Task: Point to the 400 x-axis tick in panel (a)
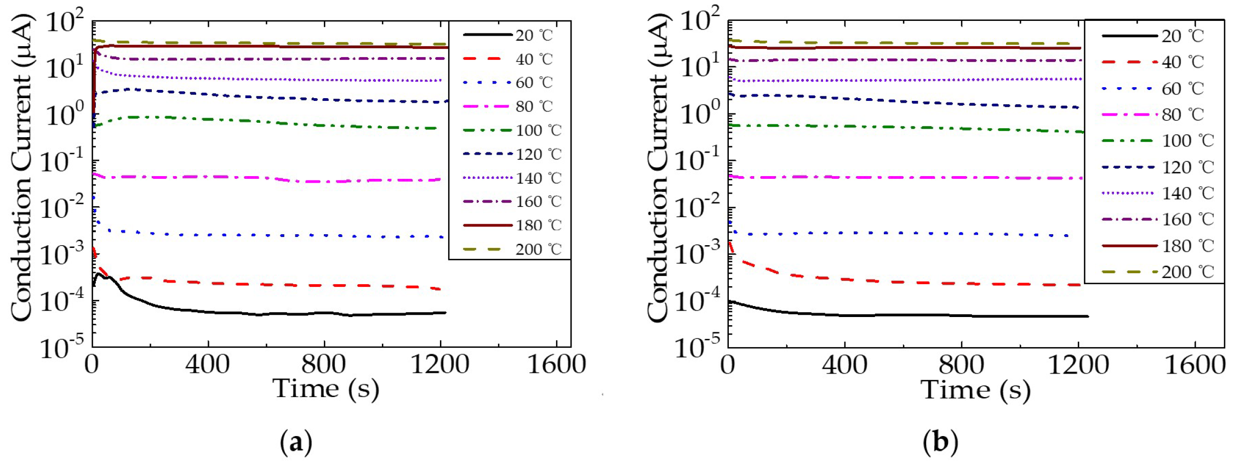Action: [208, 364]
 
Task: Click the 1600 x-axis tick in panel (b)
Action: [1195, 365]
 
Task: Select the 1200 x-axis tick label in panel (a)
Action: [439, 364]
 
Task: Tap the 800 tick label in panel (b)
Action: [961, 365]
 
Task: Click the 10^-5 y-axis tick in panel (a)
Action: [63, 347]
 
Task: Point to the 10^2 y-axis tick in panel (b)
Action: [699, 21]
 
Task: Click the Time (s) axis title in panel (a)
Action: [325, 389]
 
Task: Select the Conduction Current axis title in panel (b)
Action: [658, 167]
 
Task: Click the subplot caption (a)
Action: [296, 442]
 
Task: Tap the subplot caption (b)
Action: [940, 442]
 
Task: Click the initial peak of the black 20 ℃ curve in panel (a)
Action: [99, 274]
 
